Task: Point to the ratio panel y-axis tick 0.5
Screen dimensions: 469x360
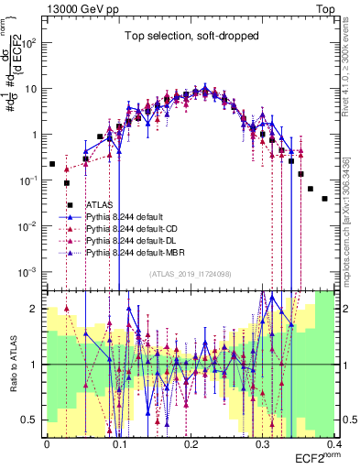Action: (33, 420)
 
